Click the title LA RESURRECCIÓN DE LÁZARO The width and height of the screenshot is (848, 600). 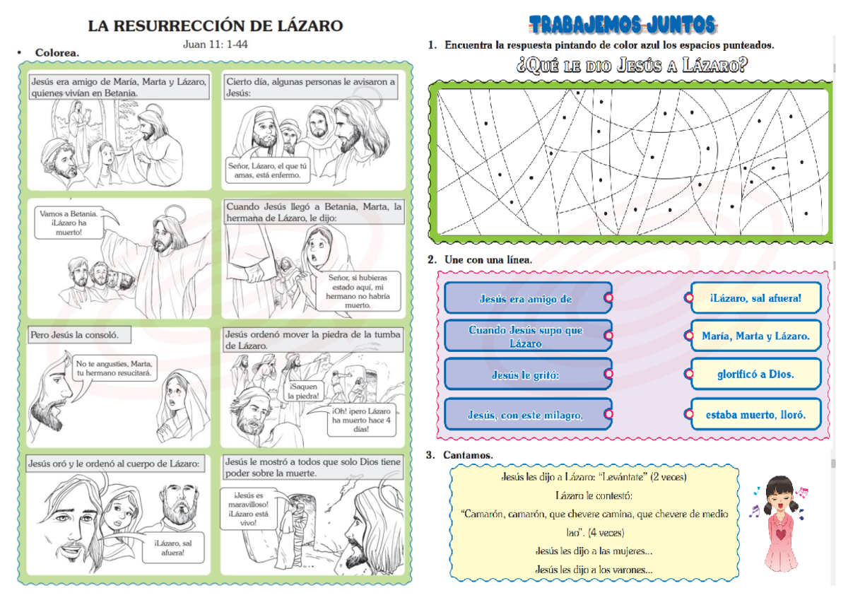(215, 26)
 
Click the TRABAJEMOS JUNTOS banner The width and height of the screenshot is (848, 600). (623, 25)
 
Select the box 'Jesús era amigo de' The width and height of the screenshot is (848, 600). (525, 298)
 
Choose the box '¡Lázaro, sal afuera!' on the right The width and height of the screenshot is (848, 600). (755, 298)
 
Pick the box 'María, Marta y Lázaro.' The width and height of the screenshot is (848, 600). (755, 336)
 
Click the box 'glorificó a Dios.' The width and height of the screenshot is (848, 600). (755, 374)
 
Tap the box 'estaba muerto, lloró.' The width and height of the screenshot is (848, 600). (755, 415)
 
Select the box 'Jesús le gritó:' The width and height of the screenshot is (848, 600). (525, 375)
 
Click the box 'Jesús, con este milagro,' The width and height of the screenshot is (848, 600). (525, 415)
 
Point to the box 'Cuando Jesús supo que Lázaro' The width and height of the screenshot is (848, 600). (525, 336)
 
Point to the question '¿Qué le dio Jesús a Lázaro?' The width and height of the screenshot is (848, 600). (631, 66)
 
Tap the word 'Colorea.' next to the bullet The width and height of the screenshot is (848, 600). (57, 52)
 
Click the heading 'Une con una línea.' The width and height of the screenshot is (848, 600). (488, 260)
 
